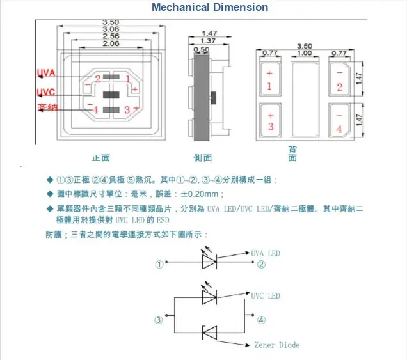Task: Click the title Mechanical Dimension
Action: pyautogui.click(x=210, y=8)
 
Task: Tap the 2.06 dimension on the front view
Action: pyautogui.click(x=111, y=44)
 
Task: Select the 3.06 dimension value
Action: pyautogui.click(x=111, y=29)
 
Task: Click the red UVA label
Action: pyautogui.click(x=46, y=72)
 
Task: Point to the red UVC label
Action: pyautogui.click(x=45, y=91)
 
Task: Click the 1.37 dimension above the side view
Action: pyautogui.click(x=209, y=40)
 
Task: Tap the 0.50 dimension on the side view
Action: pyautogui.click(x=201, y=49)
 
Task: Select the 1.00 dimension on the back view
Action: pyautogui.click(x=305, y=53)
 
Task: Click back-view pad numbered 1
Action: pyautogui.click(x=269, y=80)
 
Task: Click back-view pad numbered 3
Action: pyautogui.click(x=270, y=121)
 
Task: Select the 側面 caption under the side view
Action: pyautogui.click(x=202, y=157)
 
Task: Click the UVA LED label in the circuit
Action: pyautogui.click(x=266, y=253)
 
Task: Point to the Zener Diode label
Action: pyautogui.click(x=276, y=345)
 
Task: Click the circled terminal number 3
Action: pyautogui.click(x=157, y=320)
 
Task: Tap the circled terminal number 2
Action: pyautogui.click(x=260, y=264)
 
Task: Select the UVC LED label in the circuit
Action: pyautogui.click(x=266, y=296)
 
